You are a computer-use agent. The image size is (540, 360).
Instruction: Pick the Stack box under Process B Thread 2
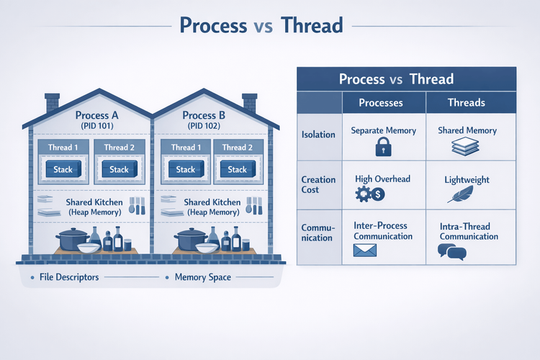(238, 170)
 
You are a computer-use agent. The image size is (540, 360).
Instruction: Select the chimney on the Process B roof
(250, 103)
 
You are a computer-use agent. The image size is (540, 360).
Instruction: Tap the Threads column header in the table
(467, 103)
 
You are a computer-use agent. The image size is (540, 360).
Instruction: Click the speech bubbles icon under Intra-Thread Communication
(451, 251)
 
